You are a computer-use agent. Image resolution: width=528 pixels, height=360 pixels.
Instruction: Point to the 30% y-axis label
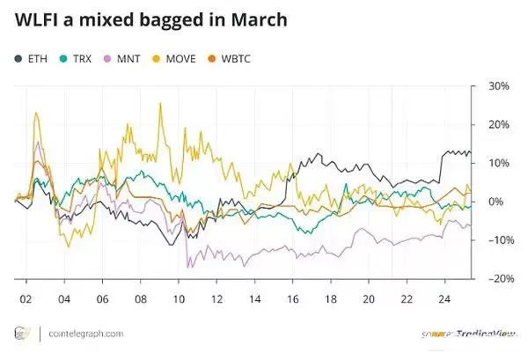[x=499, y=86]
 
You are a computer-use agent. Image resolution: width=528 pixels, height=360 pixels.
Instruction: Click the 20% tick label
[x=499, y=125]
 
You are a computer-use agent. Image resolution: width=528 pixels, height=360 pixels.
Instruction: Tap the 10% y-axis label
[x=499, y=164]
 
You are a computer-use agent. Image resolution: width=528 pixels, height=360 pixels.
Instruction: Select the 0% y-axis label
[x=496, y=202]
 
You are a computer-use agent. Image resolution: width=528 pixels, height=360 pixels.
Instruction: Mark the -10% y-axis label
[x=497, y=240]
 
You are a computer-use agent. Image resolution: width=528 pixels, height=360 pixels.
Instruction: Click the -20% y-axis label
[x=497, y=279]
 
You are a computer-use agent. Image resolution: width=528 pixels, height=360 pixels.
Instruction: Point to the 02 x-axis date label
[x=26, y=298]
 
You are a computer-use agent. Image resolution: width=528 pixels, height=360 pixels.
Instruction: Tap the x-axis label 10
[x=179, y=298]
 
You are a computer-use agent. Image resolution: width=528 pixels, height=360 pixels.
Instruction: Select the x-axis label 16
[x=293, y=298]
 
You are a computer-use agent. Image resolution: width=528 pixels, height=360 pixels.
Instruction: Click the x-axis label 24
[x=445, y=298]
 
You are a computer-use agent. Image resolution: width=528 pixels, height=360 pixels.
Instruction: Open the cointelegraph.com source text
[x=84, y=334]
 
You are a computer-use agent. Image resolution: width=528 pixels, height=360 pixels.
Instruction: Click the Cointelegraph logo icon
[x=20, y=334]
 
